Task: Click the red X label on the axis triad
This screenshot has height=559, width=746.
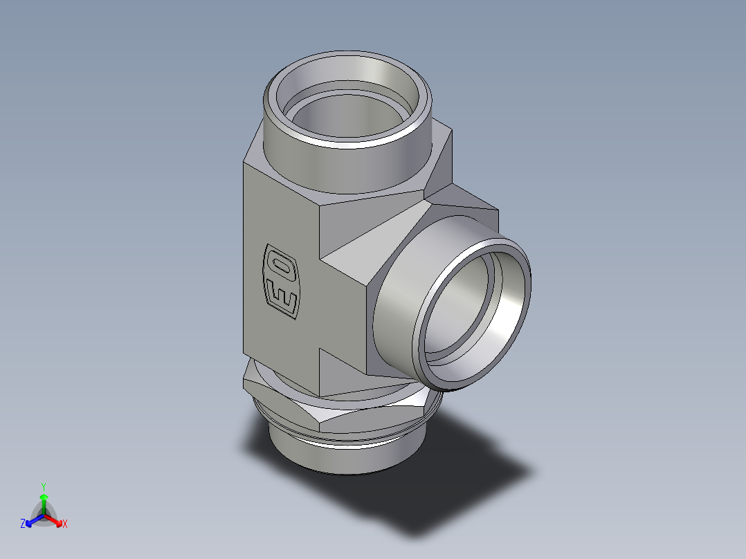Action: tap(65, 524)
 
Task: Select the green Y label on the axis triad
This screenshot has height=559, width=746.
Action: tap(43, 486)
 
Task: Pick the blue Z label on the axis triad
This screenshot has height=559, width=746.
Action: tap(23, 524)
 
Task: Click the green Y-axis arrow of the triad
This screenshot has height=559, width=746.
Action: tap(44, 502)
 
